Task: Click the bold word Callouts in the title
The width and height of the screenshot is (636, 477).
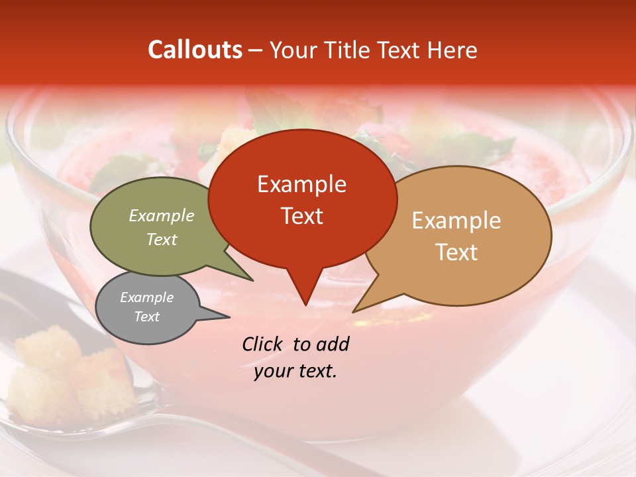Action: point(195,50)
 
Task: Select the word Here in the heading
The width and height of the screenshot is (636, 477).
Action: point(452,50)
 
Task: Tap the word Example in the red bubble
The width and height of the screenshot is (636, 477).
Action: point(301,184)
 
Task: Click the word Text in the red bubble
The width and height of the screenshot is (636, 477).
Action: point(301,215)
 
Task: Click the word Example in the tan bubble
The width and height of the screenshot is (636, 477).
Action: point(456,221)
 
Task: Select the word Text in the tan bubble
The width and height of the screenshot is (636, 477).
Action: point(456,252)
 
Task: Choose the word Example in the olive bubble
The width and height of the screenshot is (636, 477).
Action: point(162,215)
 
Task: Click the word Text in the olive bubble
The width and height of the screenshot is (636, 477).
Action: point(162,239)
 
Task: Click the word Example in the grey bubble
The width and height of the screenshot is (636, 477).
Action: point(147,297)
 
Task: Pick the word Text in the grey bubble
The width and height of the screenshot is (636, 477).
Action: point(147,317)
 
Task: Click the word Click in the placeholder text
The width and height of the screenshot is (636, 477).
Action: point(264,344)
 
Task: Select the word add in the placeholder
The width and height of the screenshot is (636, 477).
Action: point(333,344)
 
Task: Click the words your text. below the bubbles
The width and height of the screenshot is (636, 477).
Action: point(295,372)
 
